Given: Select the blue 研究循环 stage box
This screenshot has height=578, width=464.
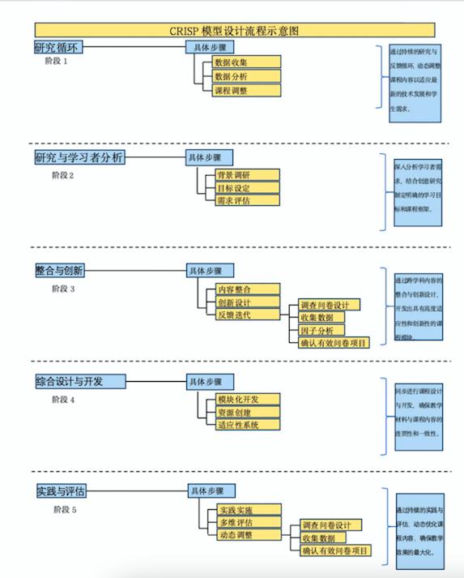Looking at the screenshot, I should (x=59, y=47).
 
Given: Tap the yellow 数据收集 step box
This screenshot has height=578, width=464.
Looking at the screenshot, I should (x=246, y=62).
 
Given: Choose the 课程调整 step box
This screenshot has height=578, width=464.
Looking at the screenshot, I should (x=246, y=90).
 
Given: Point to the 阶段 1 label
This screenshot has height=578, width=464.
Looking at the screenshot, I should (x=57, y=62).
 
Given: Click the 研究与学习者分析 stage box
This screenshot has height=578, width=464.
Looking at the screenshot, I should (x=79, y=158).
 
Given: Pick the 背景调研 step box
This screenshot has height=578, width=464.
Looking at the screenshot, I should (x=247, y=174).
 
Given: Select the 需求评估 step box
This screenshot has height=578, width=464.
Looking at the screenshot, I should (x=247, y=200).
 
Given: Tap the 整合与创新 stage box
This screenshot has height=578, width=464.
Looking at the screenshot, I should (x=66, y=270).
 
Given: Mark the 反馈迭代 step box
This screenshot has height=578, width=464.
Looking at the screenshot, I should (x=247, y=315).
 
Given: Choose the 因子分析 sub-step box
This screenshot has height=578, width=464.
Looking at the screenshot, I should (x=321, y=330).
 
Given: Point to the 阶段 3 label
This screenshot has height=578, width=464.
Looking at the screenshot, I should (x=63, y=288).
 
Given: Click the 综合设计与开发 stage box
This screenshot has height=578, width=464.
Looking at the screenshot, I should (x=80, y=381).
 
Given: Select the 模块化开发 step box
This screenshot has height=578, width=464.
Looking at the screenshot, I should (x=247, y=398).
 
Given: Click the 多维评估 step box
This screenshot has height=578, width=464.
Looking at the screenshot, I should (x=247, y=523).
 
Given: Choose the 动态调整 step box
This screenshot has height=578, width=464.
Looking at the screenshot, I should (x=247, y=536).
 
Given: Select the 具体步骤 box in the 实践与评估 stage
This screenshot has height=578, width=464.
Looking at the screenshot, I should (x=211, y=491).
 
